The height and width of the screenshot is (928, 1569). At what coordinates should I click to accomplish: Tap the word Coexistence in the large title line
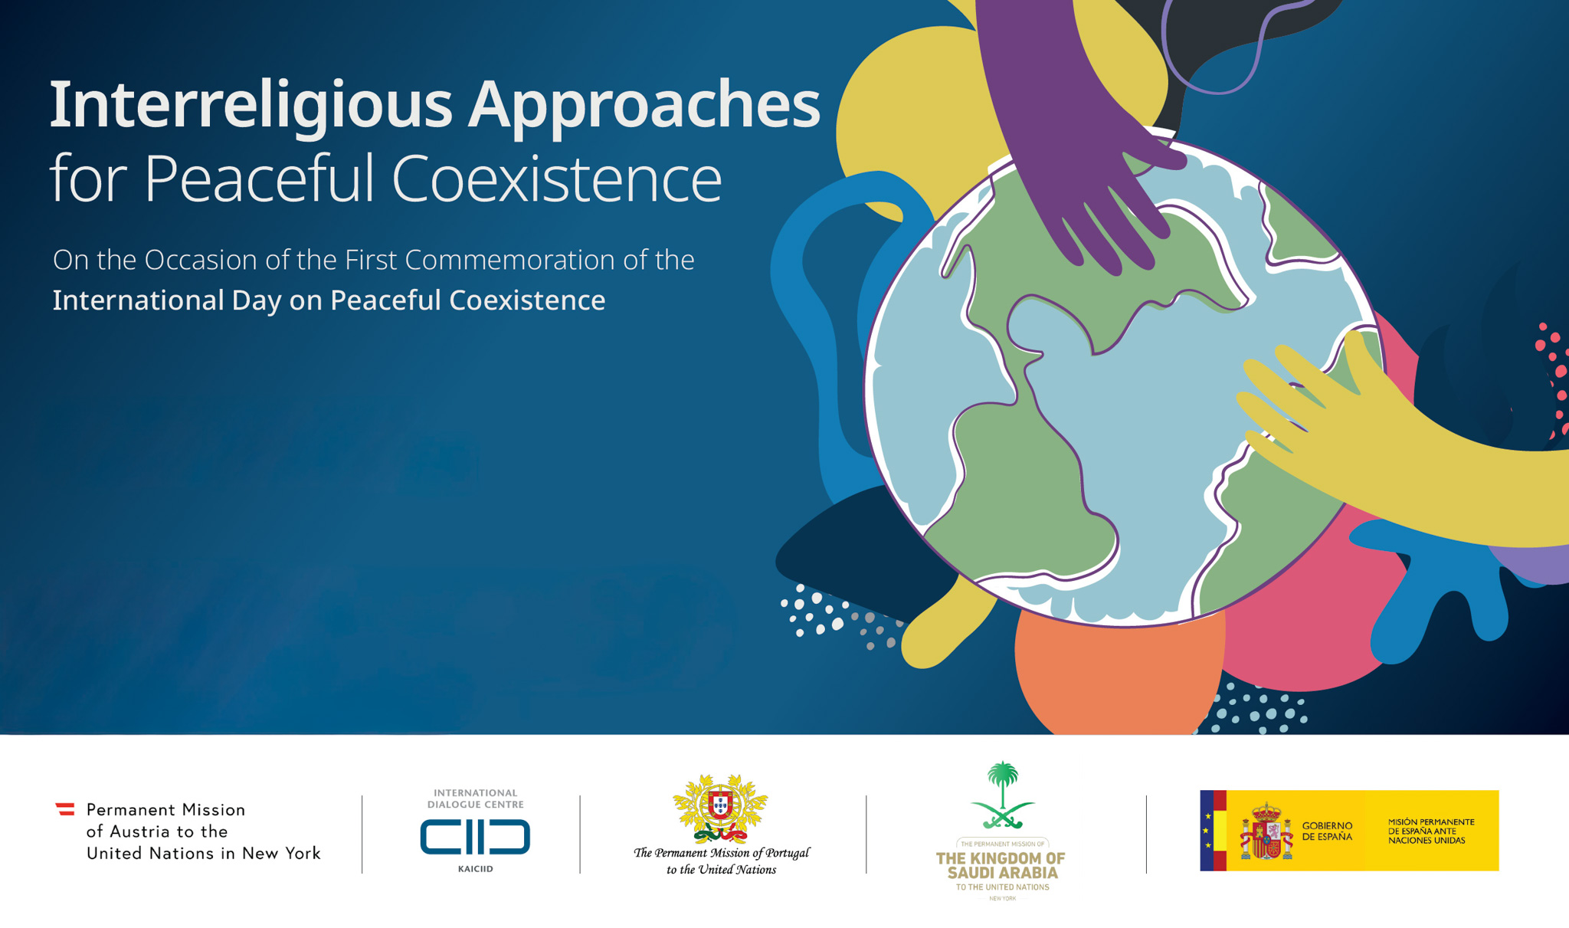[x=557, y=178]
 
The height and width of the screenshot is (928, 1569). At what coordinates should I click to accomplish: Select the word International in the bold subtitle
[x=138, y=300]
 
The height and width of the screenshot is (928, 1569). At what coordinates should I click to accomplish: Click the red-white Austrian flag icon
[x=65, y=809]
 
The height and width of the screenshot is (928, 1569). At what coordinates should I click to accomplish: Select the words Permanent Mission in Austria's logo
[x=165, y=810]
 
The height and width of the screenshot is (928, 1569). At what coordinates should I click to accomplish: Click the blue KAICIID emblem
[x=475, y=836]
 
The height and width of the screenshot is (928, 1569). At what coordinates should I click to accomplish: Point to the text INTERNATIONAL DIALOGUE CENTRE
[x=475, y=798]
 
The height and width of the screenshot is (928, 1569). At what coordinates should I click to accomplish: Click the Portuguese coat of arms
[x=720, y=808]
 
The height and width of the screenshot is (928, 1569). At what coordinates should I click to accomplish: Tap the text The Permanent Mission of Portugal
[x=721, y=853]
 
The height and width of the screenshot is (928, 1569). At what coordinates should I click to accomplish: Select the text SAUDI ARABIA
[x=1002, y=873]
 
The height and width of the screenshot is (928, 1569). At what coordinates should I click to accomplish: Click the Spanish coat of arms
[x=1266, y=831]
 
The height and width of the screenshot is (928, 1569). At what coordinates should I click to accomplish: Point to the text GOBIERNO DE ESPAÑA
[x=1327, y=831]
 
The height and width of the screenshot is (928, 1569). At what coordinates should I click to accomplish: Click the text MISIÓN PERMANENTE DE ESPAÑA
[x=1431, y=827]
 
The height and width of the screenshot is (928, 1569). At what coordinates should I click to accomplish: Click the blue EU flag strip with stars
[x=1207, y=831]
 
